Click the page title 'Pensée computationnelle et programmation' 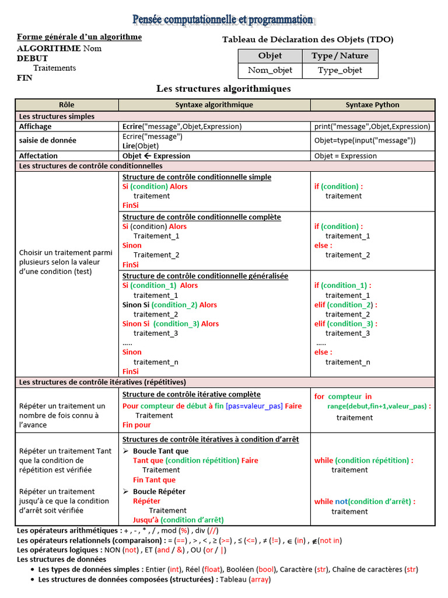[223, 20]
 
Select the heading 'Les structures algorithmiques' [223, 89]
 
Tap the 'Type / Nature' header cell [340, 55]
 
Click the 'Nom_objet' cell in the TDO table [269, 70]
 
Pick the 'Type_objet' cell [340, 70]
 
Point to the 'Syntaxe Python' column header [372, 105]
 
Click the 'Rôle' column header [67, 105]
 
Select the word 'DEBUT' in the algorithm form [33, 58]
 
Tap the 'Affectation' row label [38, 156]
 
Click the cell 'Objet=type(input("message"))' [365, 141]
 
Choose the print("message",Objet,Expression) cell [372, 126]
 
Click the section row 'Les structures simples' [57, 117]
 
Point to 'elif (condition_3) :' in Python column [345, 324]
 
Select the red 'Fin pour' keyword [136, 425]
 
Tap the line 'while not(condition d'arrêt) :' [365, 502]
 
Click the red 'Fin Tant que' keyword [154, 480]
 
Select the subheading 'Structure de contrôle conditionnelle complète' [201, 217]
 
